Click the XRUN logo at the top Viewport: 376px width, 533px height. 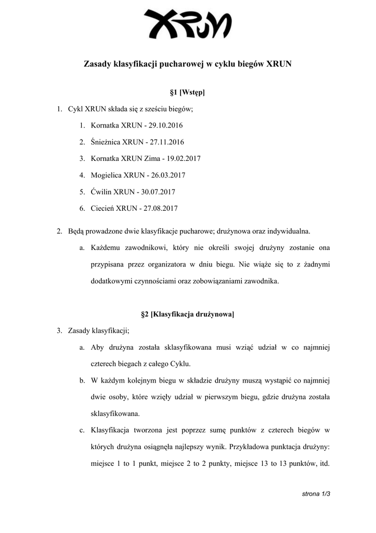click(188, 24)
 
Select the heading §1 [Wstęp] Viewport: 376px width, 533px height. click(188, 93)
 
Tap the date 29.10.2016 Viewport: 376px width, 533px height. click(166, 125)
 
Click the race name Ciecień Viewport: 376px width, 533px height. click(102, 209)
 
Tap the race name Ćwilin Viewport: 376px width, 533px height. click(101, 192)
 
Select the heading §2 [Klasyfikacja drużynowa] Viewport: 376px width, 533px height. click(188, 314)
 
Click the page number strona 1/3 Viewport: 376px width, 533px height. click(316, 493)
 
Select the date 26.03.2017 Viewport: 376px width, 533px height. click(168, 175)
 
